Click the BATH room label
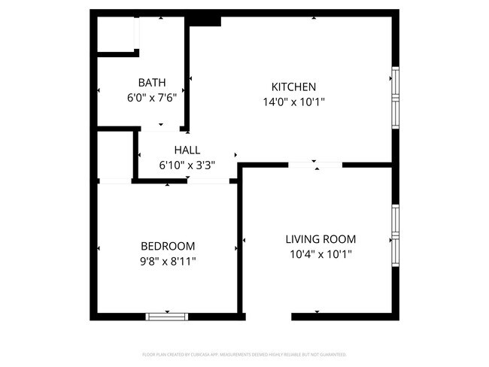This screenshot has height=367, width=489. pos(151,82)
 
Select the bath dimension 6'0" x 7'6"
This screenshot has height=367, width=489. pos(151,96)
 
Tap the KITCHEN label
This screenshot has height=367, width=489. pos(293,87)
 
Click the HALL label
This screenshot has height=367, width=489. pos(187,150)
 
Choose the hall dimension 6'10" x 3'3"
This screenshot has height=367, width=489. pos(187,165)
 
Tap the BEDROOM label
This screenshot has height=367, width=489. pos(168,246)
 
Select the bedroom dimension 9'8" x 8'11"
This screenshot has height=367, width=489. pos(168,261)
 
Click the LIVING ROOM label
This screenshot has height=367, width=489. pos(320,239)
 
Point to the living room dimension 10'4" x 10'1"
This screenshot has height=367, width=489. pos(320,254)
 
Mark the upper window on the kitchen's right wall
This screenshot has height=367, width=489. pos(394,83)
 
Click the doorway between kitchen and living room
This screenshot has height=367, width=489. pos(315,164)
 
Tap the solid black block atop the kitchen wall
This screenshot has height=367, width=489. pos(204,20)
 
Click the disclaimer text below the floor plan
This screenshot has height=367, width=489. pos(244,353)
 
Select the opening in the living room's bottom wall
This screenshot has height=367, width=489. pos(268,317)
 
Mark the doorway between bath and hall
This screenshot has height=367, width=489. pos(160,129)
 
